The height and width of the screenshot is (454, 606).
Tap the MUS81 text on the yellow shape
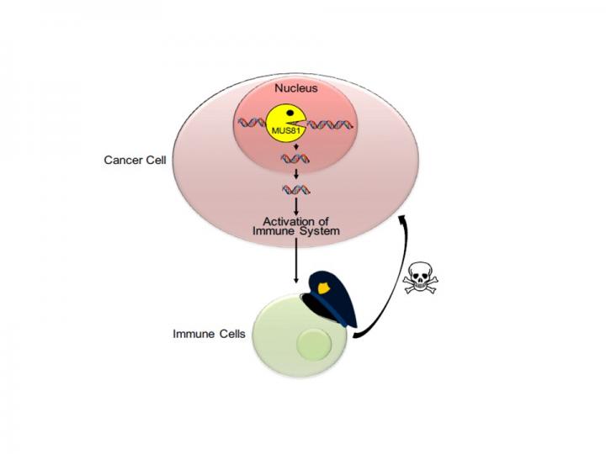[284, 133]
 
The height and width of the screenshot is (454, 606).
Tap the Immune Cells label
[210, 334]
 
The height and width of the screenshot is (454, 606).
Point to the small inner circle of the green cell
[315, 344]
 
